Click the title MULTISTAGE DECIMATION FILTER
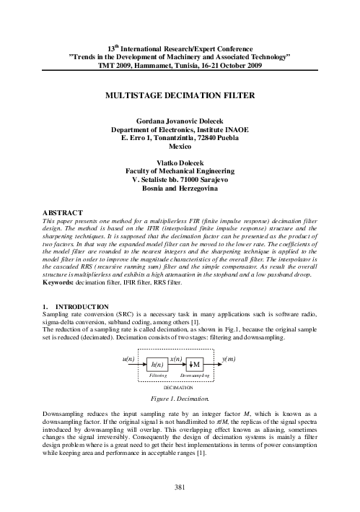click(x=180, y=95)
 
